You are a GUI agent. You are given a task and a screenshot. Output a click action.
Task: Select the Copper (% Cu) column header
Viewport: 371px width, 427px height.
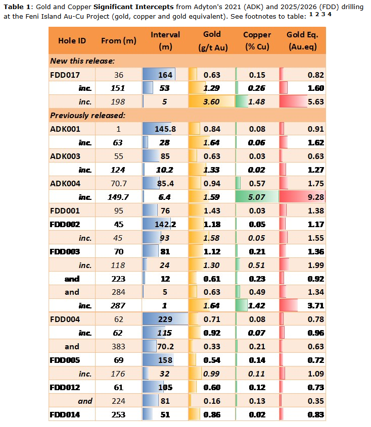click(x=257, y=41)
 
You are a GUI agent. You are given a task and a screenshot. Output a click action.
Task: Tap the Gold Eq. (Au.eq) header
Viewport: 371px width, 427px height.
click(x=302, y=41)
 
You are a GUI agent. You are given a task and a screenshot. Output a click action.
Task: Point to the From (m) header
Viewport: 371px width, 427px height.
click(x=119, y=40)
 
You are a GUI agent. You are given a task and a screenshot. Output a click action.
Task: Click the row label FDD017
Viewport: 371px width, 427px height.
click(x=65, y=75)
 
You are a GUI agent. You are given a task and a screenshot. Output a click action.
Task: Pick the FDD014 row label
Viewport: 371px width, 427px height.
click(x=65, y=415)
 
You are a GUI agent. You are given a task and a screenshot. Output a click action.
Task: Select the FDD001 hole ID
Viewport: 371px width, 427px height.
click(x=65, y=210)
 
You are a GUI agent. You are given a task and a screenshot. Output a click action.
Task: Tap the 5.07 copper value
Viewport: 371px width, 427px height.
click(x=257, y=197)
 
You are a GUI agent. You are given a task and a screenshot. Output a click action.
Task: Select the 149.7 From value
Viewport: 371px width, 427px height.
click(x=119, y=197)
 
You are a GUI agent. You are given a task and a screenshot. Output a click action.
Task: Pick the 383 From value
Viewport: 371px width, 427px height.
click(x=119, y=346)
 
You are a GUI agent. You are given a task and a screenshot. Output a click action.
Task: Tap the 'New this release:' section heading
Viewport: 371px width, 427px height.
click(x=82, y=61)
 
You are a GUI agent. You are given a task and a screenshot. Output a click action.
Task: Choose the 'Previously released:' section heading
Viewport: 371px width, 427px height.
click(x=87, y=115)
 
